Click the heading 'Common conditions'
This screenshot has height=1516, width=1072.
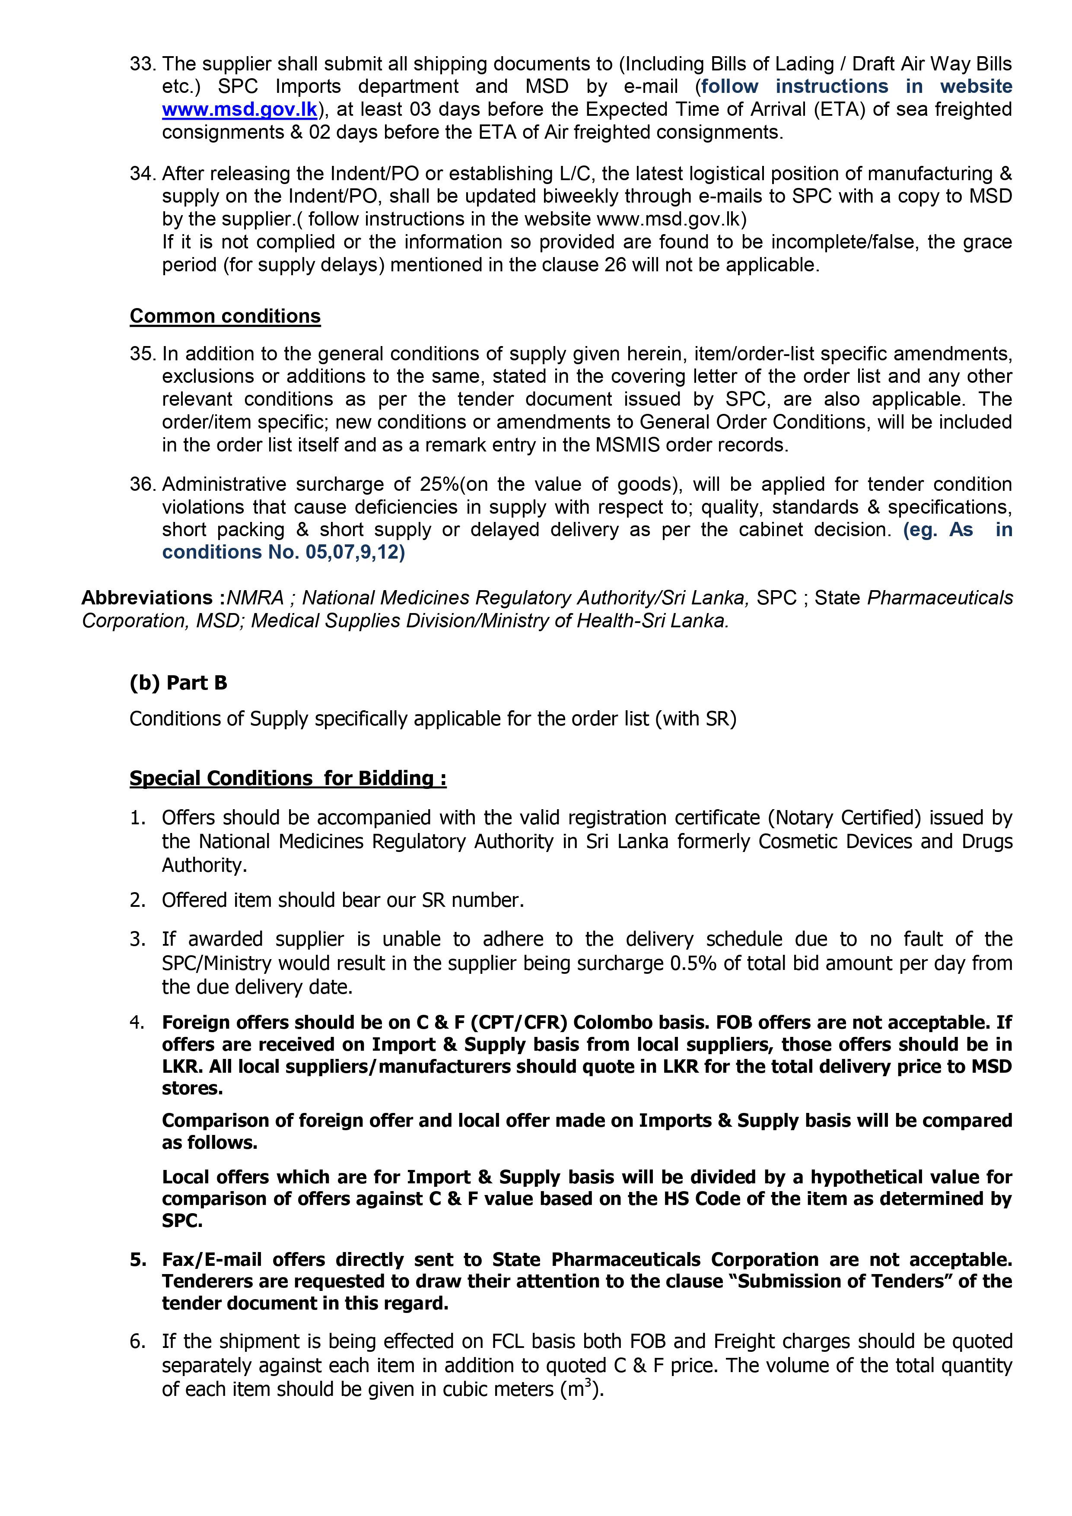point(225,316)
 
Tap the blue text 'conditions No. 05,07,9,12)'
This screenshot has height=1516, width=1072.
point(283,552)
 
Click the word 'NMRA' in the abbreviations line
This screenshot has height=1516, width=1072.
point(255,598)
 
